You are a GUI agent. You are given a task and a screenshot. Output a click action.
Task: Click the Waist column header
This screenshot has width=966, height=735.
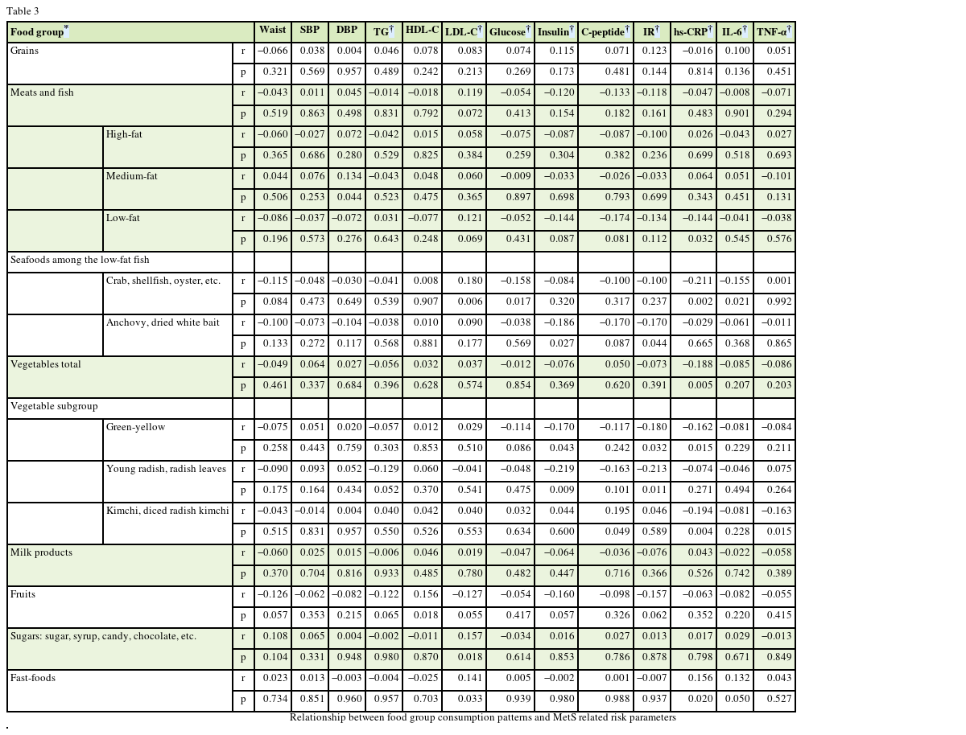(x=272, y=31)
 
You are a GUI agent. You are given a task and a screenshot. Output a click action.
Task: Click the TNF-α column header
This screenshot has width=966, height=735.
(x=774, y=31)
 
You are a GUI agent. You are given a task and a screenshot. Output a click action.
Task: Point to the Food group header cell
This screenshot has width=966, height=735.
(x=39, y=31)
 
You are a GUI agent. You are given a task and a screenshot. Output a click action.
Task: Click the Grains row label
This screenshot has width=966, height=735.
(x=24, y=51)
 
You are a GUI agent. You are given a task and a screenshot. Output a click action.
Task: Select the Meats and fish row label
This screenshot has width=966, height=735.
(x=42, y=92)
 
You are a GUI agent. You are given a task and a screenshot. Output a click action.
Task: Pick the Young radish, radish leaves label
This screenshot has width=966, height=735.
(x=167, y=469)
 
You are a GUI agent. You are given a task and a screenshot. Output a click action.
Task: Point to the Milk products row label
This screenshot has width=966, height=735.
(x=41, y=552)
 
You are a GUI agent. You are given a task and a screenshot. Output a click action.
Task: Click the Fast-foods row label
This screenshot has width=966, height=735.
(x=33, y=678)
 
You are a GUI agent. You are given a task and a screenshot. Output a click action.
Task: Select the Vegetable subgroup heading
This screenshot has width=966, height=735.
(x=54, y=406)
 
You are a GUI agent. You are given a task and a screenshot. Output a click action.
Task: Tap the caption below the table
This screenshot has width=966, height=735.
(x=482, y=717)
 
